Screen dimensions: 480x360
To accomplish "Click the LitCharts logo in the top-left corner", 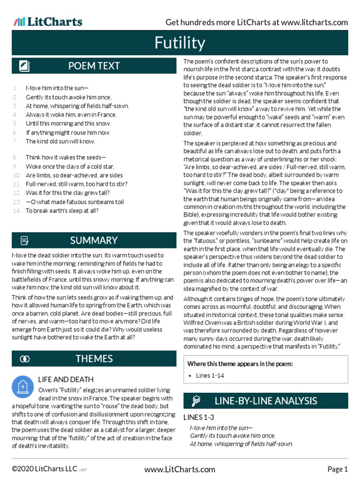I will click(x=48, y=22).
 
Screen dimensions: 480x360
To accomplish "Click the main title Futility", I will click(x=180, y=44).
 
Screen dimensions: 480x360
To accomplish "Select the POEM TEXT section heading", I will click(x=94, y=66).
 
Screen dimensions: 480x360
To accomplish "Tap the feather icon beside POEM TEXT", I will click(x=24, y=66).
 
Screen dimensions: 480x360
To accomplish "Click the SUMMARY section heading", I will click(x=94, y=240).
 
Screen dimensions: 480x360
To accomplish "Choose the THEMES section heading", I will click(x=94, y=359).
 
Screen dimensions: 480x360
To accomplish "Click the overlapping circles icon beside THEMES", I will click(x=24, y=359).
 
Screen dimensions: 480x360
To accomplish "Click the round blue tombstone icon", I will click(x=22, y=387).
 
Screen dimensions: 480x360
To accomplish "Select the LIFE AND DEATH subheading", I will click(x=66, y=379).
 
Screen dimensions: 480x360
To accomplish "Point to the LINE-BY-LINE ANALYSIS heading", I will click(x=266, y=401).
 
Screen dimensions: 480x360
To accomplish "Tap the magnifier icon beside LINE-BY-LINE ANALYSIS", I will click(x=196, y=401).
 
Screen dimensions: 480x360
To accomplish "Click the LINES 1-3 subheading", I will click(x=199, y=417).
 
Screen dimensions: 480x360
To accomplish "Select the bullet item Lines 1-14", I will click(x=210, y=376).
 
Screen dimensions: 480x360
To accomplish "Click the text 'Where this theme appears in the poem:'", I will click(x=240, y=364).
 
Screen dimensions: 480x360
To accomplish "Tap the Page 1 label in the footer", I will click(x=337, y=469).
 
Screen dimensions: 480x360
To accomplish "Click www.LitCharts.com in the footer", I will click(x=180, y=469).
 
